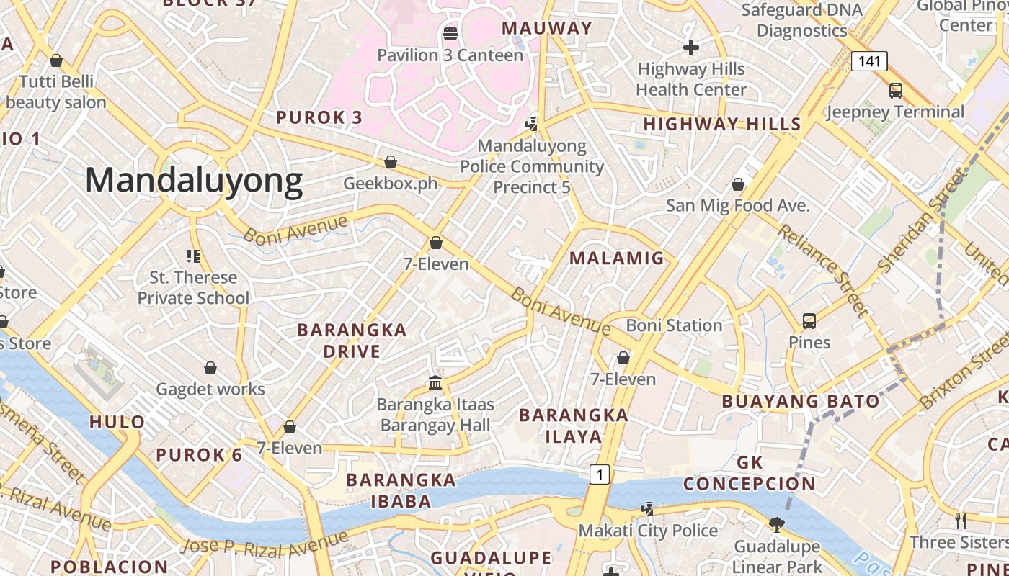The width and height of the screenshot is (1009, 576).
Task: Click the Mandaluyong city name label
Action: (194, 180)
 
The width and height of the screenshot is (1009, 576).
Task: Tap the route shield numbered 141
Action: (869, 61)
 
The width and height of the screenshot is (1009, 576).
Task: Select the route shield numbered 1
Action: (599, 474)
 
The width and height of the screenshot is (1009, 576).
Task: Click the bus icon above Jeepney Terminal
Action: (896, 90)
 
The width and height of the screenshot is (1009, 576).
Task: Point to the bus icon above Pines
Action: (809, 320)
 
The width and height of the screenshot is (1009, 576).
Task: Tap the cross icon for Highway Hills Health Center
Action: (691, 48)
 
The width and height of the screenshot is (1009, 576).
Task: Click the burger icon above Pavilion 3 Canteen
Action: (450, 33)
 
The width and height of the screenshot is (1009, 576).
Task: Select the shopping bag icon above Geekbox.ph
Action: (391, 161)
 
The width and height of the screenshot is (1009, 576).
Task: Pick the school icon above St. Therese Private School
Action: (192, 256)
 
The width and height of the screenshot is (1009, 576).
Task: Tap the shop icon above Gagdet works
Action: (210, 368)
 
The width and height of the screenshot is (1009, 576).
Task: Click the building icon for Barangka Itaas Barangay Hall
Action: (435, 382)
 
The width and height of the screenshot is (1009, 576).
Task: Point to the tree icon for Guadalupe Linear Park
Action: (776, 524)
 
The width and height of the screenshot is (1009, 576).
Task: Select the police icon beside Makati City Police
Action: (647, 509)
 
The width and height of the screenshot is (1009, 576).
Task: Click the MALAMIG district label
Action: (617, 258)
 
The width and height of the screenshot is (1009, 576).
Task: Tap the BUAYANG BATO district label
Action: (801, 401)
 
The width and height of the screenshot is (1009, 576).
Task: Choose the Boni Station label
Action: (674, 325)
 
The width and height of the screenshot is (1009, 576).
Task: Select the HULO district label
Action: (117, 422)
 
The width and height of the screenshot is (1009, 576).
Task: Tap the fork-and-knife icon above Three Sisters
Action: (960, 520)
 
